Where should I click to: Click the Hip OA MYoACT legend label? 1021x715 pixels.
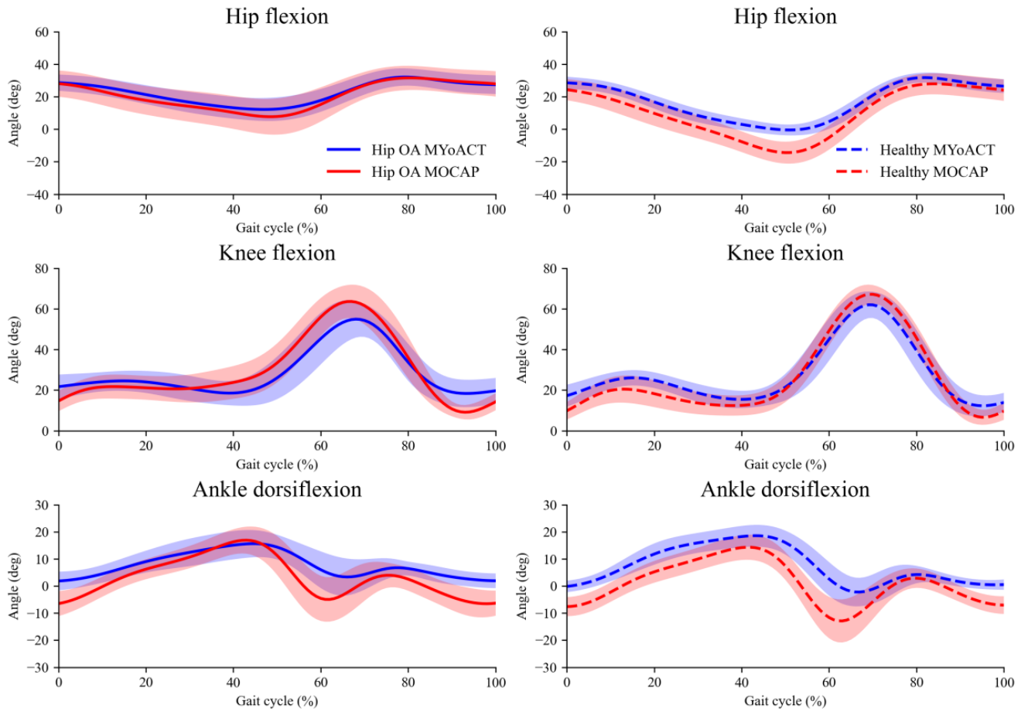429,150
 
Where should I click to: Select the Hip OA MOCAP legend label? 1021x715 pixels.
425,172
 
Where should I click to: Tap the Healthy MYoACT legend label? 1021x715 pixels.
937,150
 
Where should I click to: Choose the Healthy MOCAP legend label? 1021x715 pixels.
934,172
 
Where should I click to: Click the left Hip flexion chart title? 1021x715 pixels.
277,16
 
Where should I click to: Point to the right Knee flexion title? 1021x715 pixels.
785,253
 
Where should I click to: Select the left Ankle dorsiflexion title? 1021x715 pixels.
277,489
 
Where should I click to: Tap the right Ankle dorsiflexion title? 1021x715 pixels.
785,489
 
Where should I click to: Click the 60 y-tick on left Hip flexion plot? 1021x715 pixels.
42,32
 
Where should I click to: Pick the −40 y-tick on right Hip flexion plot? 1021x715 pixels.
546,195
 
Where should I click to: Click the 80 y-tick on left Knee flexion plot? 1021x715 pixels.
42,269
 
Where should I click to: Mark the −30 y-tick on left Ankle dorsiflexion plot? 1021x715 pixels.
38,668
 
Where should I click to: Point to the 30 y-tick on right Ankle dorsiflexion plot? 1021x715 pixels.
550,506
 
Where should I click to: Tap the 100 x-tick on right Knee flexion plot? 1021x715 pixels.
1004,446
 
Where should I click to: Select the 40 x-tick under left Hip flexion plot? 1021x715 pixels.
234,209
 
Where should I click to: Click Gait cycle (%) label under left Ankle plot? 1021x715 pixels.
277,701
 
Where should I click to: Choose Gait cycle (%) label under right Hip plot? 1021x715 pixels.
785,228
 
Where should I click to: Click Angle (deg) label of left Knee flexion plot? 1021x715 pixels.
14,349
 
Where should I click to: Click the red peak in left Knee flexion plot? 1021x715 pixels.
350,301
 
